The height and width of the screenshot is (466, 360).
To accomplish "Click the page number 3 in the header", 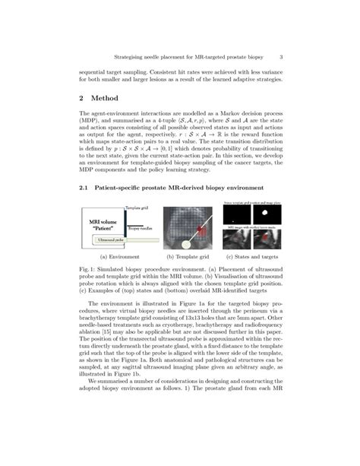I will coord(281,56).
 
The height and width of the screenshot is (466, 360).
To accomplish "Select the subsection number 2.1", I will coord(85,187).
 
